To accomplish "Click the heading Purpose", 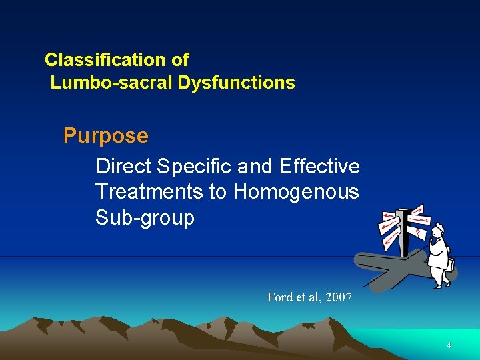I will coord(106,136).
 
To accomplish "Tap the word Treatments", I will coord(149,192).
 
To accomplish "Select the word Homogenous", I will coord(296,192).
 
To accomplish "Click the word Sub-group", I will coord(145,218).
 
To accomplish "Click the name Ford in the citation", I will coord(279,297).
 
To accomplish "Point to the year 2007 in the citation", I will coord(338,297).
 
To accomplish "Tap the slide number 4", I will coord(449,345).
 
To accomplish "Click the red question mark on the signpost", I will coord(418,233).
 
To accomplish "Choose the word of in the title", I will coord(180,60).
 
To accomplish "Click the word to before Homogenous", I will coord(218,192).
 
